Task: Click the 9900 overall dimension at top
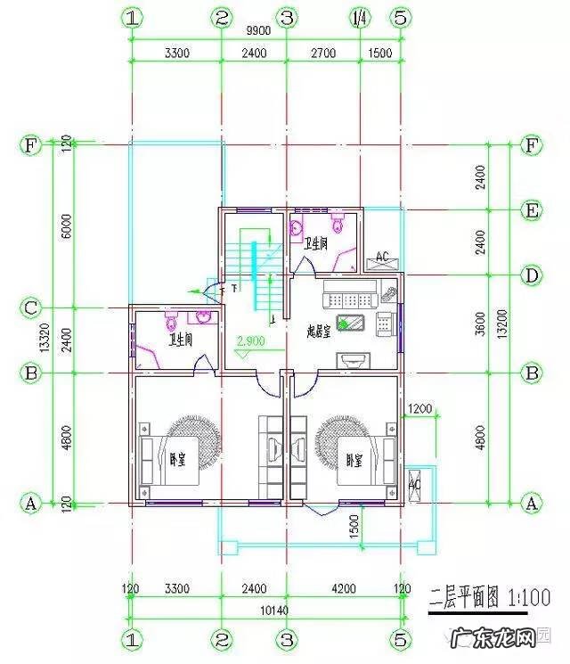pos(258,30)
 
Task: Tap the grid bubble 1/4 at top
pos(360,17)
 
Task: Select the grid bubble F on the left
pos(31,145)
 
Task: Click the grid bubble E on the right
pos(532,210)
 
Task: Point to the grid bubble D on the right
pos(532,275)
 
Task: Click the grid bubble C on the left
pos(31,308)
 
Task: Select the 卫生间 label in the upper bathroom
pos(316,242)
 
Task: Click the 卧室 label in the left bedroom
pos(176,460)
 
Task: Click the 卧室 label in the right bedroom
pos(354,460)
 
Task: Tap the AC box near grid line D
pos(382,258)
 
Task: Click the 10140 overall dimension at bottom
pos(265,611)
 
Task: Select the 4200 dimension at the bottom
pos(342,588)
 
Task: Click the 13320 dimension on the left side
pos(56,339)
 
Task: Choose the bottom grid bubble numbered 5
pos(400,638)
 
